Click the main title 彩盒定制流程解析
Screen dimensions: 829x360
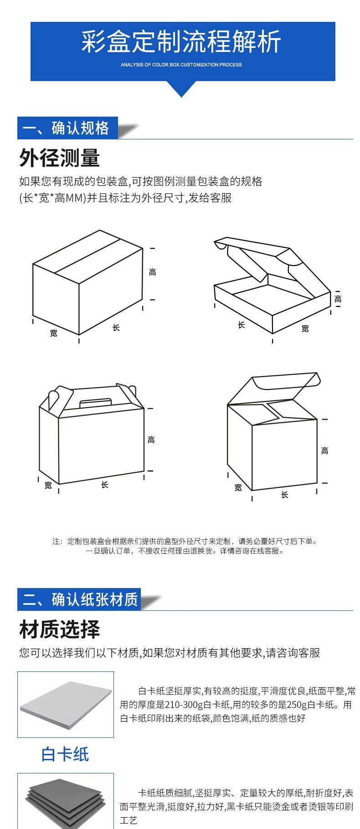pyautogui.click(x=181, y=42)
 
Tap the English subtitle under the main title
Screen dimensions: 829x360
pyautogui.click(x=181, y=65)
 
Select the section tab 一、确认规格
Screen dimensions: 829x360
pyautogui.click(x=67, y=128)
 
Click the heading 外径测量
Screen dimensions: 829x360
pyautogui.click(x=59, y=158)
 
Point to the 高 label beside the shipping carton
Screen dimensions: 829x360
pyautogui.click(x=152, y=272)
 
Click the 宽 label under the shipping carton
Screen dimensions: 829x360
pyautogui.click(x=54, y=333)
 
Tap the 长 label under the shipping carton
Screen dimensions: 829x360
pyautogui.click(x=116, y=327)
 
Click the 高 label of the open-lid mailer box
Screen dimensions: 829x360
pyautogui.click(x=338, y=299)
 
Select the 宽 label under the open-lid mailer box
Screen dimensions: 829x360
pyautogui.click(x=305, y=328)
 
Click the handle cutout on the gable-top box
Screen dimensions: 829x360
pyautogui.click(x=96, y=403)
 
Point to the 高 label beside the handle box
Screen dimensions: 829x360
pyautogui.click(x=151, y=440)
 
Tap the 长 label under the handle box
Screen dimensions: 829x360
pyautogui.click(x=104, y=485)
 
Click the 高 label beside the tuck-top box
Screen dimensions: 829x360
pyautogui.click(x=324, y=450)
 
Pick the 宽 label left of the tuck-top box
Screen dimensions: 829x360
pyautogui.click(x=238, y=487)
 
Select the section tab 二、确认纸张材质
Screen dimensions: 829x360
pyautogui.click(x=78, y=599)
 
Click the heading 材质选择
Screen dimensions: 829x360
pyautogui.click(x=59, y=629)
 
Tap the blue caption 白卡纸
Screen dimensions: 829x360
pyautogui.click(x=65, y=754)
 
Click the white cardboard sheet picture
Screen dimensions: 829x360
pyautogui.click(x=66, y=704)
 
